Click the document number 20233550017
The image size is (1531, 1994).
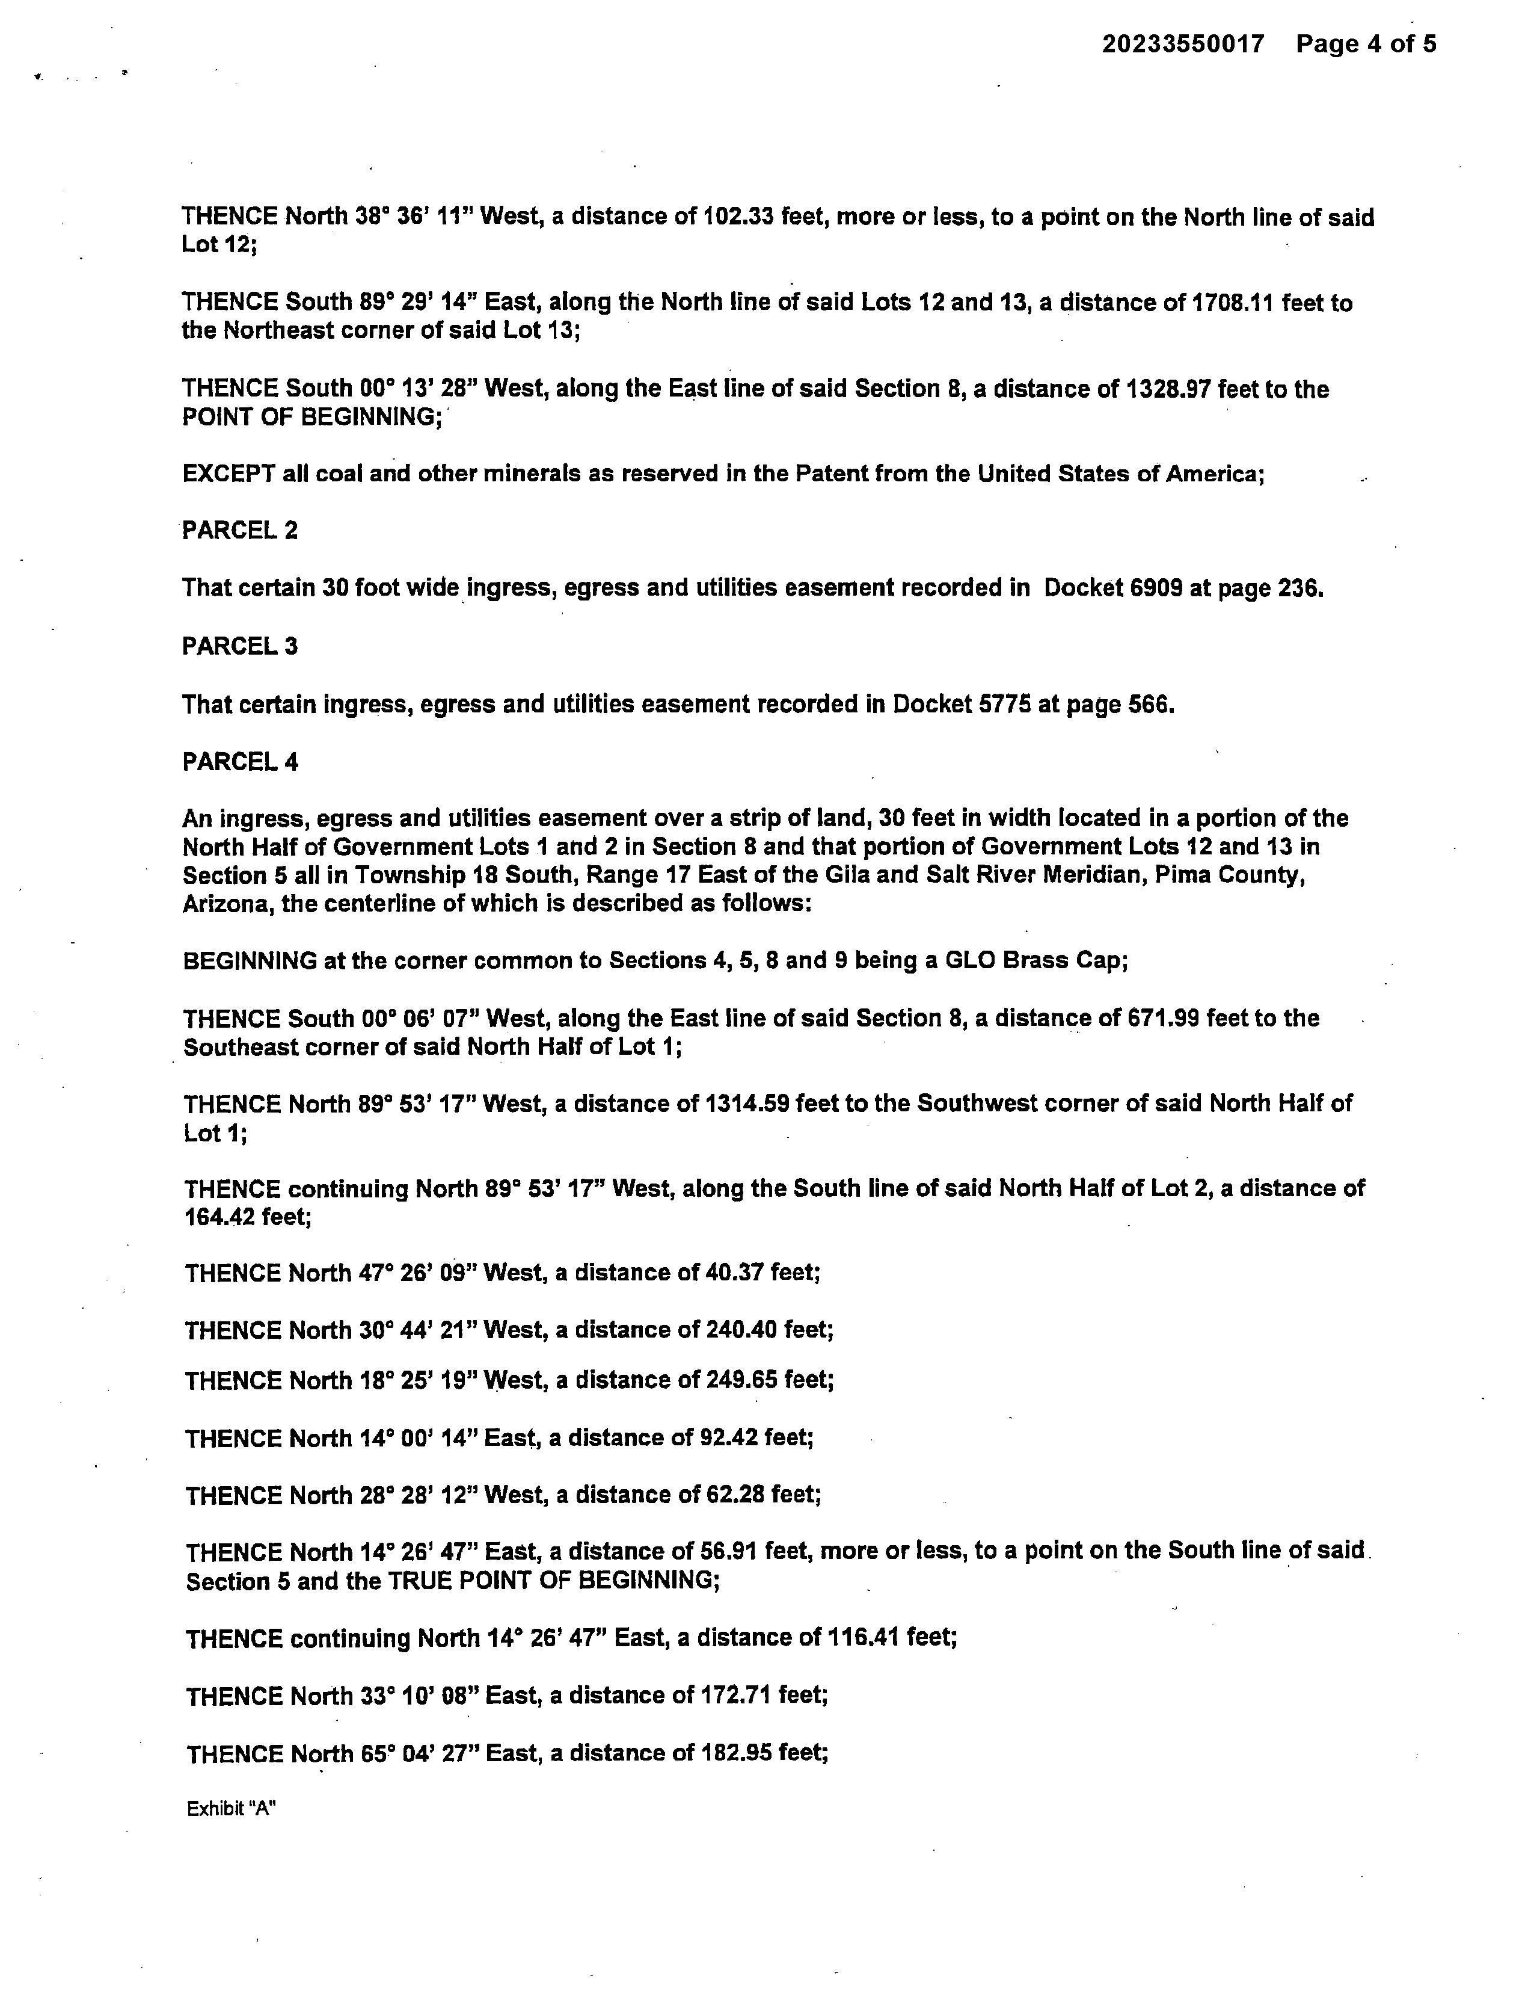[x=1183, y=44]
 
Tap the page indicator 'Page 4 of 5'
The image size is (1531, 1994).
[x=1366, y=44]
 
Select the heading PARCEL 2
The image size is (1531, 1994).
[x=240, y=531]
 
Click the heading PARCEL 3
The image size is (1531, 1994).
[x=240, y=646]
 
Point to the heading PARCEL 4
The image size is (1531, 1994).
[x=240, y=762]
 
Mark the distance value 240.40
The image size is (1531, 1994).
[x=741, y=1330]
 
